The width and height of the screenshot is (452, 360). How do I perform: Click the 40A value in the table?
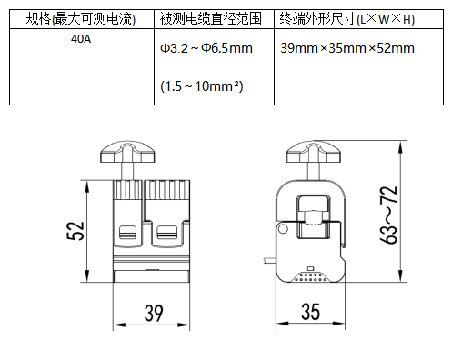(x=81, y=39)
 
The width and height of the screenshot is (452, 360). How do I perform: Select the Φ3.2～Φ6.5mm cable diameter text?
(x=206, y=48)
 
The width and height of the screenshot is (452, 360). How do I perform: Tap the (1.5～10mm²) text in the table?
(x=202, y=86)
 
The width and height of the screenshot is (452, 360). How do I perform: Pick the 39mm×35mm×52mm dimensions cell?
(x=347, y=48)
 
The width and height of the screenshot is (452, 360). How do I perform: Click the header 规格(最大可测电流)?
(x=81, y=19)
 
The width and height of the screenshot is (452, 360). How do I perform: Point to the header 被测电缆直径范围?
(x=211, y=18)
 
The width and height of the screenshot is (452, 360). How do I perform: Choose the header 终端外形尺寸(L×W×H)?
(x=347, y=19)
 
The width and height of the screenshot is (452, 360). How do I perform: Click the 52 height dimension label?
(x=75, y=231)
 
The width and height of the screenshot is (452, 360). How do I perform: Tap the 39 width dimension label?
(x=154, y=313)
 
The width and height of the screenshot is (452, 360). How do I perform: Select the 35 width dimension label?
(x=310, y=312)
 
